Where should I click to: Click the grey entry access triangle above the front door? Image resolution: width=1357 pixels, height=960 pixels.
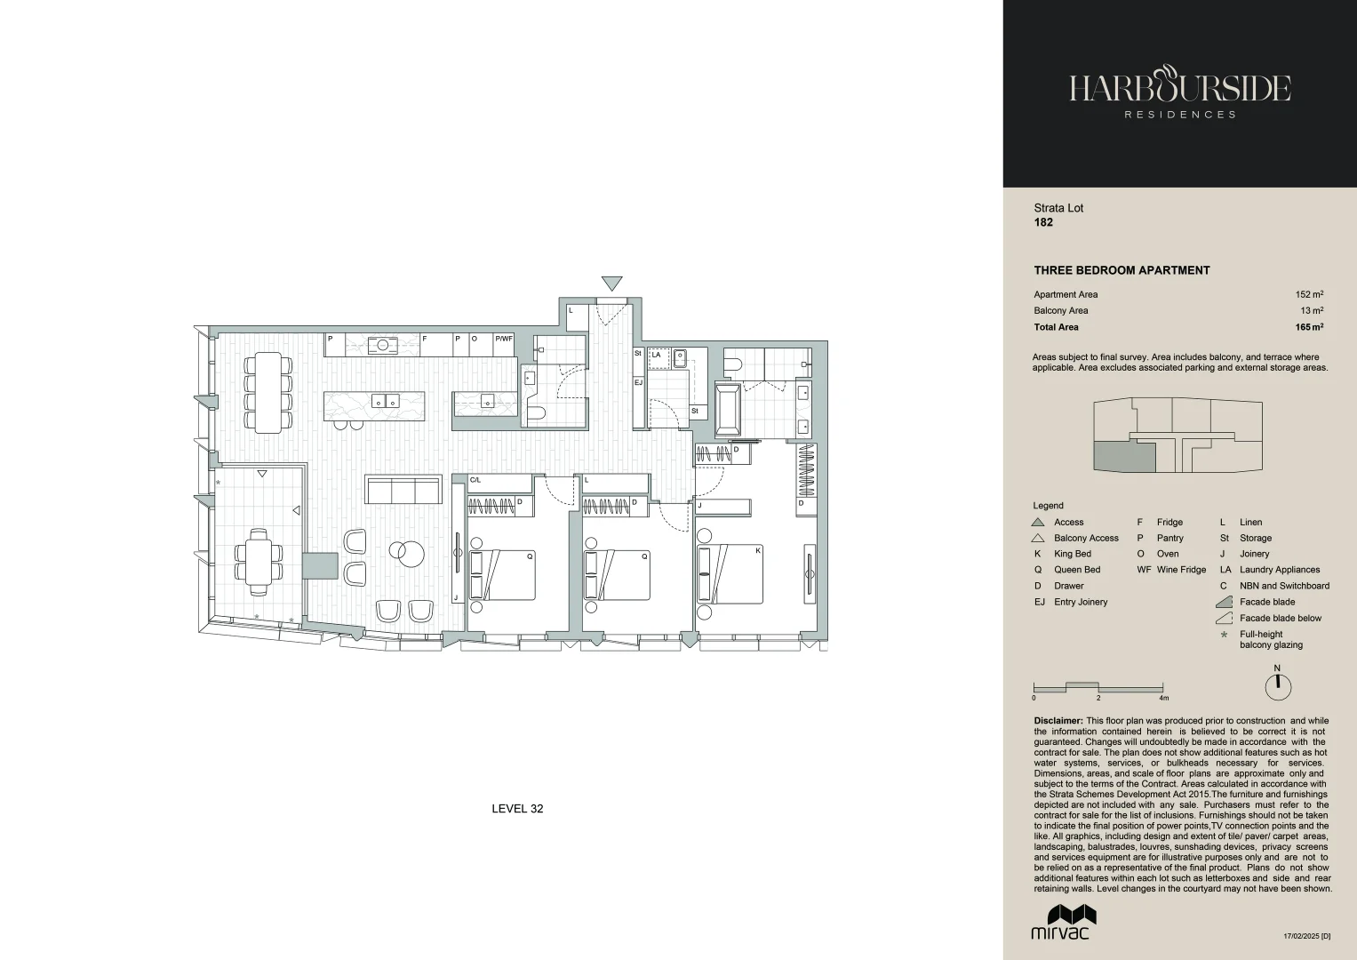tap(611, 284)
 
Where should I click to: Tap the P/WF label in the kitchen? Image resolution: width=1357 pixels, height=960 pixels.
tap(504, 339)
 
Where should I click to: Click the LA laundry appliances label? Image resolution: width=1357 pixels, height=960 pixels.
tap(656, 355)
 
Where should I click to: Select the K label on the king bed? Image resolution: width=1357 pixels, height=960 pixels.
tap(757, 551)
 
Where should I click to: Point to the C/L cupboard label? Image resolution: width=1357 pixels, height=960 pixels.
tap(475, 480)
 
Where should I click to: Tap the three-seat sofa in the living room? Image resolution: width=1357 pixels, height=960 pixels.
tap(403, 490)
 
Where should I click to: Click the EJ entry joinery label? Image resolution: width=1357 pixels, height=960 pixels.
tap(638, 382)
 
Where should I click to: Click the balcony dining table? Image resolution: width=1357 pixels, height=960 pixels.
tap(259, 562)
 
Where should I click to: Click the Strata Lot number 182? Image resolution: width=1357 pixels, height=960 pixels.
tap(1043, 222)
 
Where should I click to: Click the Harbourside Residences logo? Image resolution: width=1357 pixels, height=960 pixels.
tap(1179, 93)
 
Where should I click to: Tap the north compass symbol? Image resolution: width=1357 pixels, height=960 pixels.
tap(1277, 685)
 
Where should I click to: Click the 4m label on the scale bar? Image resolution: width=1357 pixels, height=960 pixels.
tap(1163, 699)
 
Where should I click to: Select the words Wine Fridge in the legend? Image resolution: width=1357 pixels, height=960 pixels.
tap(1181, 570)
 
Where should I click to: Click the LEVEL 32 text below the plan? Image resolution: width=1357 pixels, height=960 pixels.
tap(517, 809)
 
